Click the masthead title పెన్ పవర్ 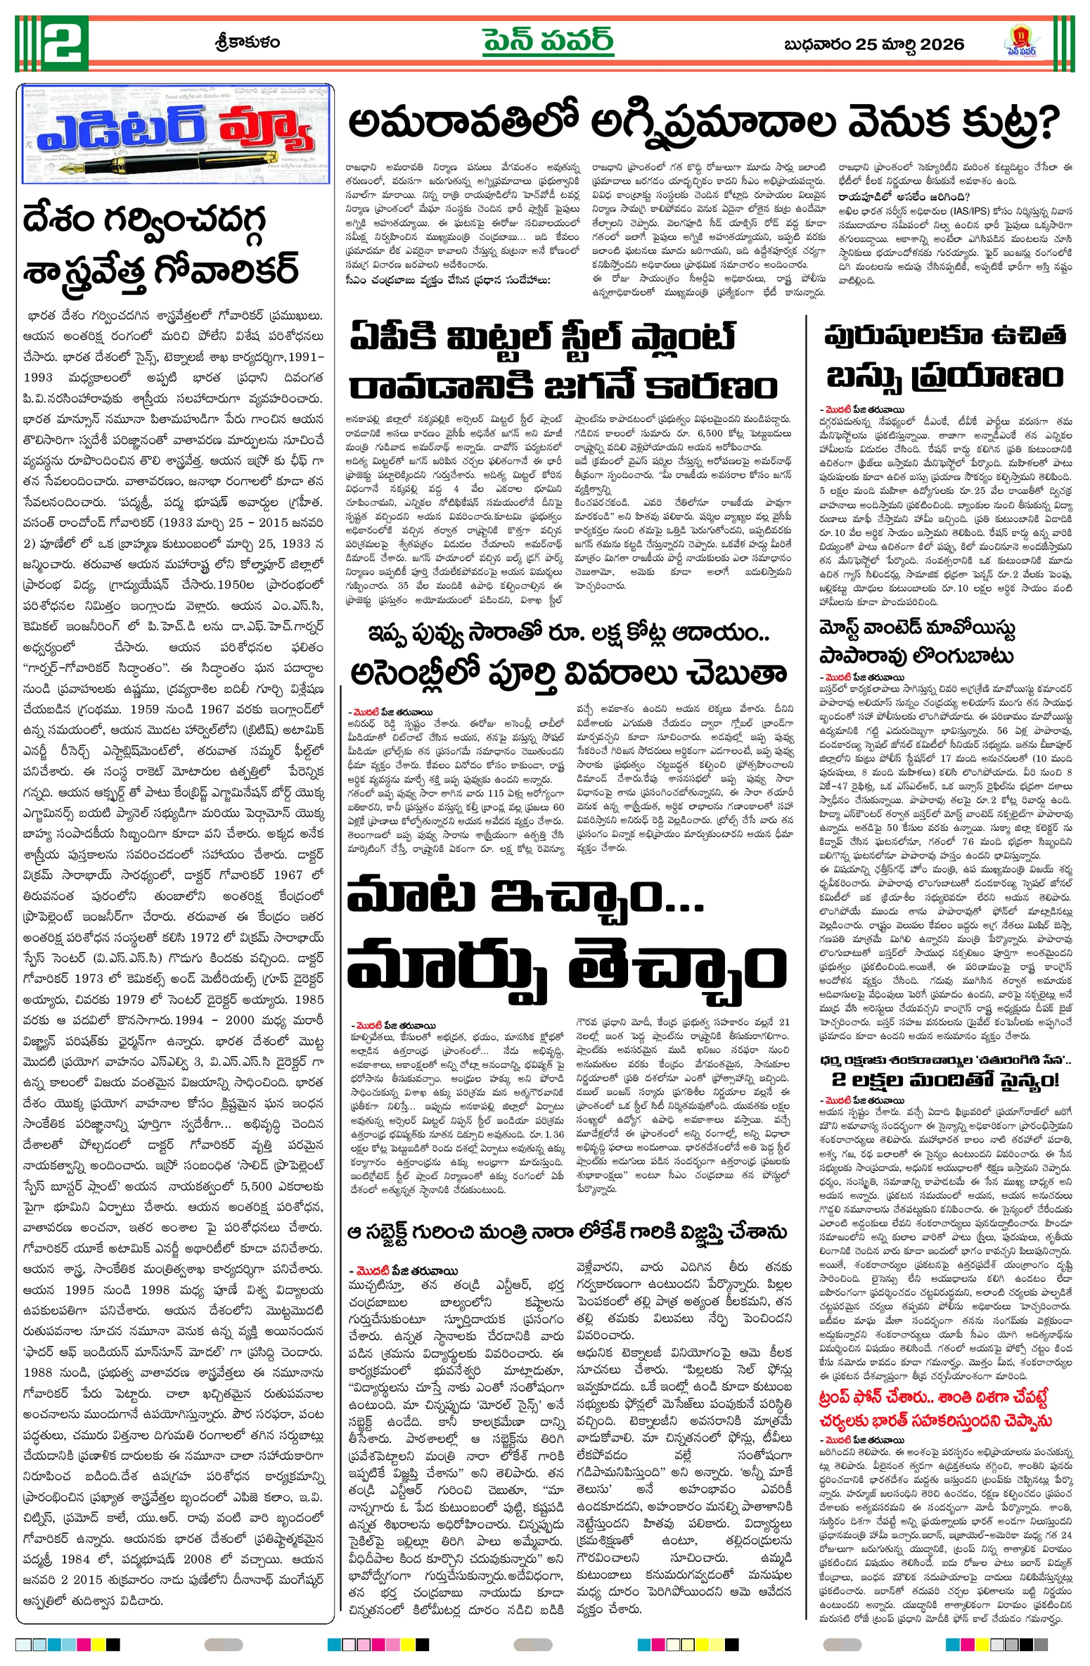(x=548, y=42)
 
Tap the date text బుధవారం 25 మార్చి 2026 (x=873, y=44)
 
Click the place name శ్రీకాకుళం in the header (x=247, y=42)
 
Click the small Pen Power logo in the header (x=1019, y=43)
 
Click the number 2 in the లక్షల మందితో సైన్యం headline (x=839, y=1080)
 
